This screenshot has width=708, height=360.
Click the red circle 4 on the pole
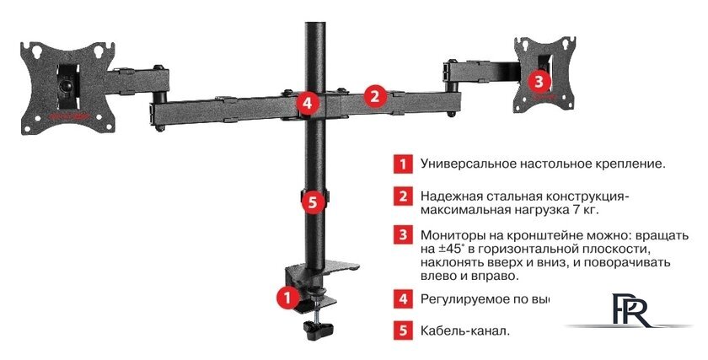(x=308, y=104)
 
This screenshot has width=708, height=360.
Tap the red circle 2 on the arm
(x=375, y=96)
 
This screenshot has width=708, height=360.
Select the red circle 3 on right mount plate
(x=539, y=81)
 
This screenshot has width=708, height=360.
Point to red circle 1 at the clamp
(x=286, y=297)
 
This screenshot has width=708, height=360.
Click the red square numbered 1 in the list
(x=405, y=164)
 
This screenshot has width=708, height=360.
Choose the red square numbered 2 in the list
(x=405, y=196)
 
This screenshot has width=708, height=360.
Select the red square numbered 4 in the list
(x=405, y=298)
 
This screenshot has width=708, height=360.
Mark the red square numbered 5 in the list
(x=405, y=330)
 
